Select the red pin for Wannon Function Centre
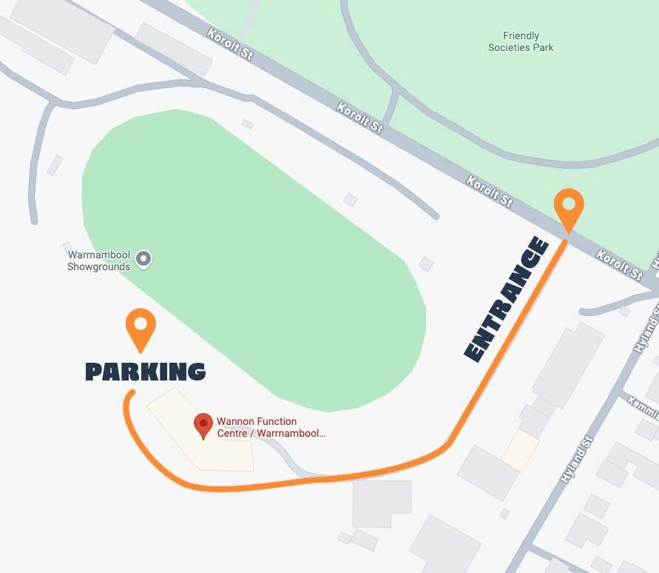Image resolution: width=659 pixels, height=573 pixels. point(203,425)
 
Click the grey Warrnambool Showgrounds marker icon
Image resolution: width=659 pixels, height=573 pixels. point(144,259)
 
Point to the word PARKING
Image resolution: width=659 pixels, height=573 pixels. point(146,372)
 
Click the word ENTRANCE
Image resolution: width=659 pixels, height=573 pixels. point(507,300)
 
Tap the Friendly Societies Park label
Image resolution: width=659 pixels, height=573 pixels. point(521,41)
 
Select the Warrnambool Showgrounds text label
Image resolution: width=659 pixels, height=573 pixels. point(99,261)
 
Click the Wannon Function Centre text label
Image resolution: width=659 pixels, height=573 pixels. point(270,427)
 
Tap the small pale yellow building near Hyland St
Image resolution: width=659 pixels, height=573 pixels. point(521,450)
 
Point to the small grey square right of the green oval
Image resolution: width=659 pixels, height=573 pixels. point(426,264)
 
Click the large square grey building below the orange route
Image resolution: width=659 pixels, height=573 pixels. point(382,503)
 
